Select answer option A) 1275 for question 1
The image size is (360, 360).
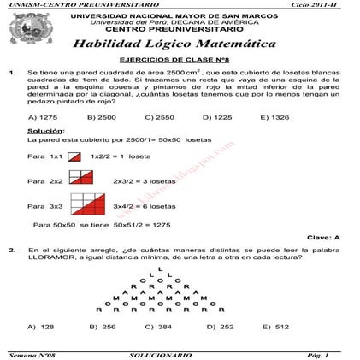(x=43, y=117)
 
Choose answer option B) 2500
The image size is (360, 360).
(x=102, y=117)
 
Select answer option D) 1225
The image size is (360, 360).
(x=217, y=117)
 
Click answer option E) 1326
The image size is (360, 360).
(x=274, y=117)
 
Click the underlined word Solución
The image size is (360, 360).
(x=46, y=131)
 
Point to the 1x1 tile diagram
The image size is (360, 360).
(x=74, y=157)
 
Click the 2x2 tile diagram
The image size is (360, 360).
(x=81, y=177)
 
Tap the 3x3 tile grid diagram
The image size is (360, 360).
(x=87, y=204)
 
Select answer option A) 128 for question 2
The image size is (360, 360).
(x=41, y=326)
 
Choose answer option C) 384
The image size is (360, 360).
(x=158, y=326)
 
